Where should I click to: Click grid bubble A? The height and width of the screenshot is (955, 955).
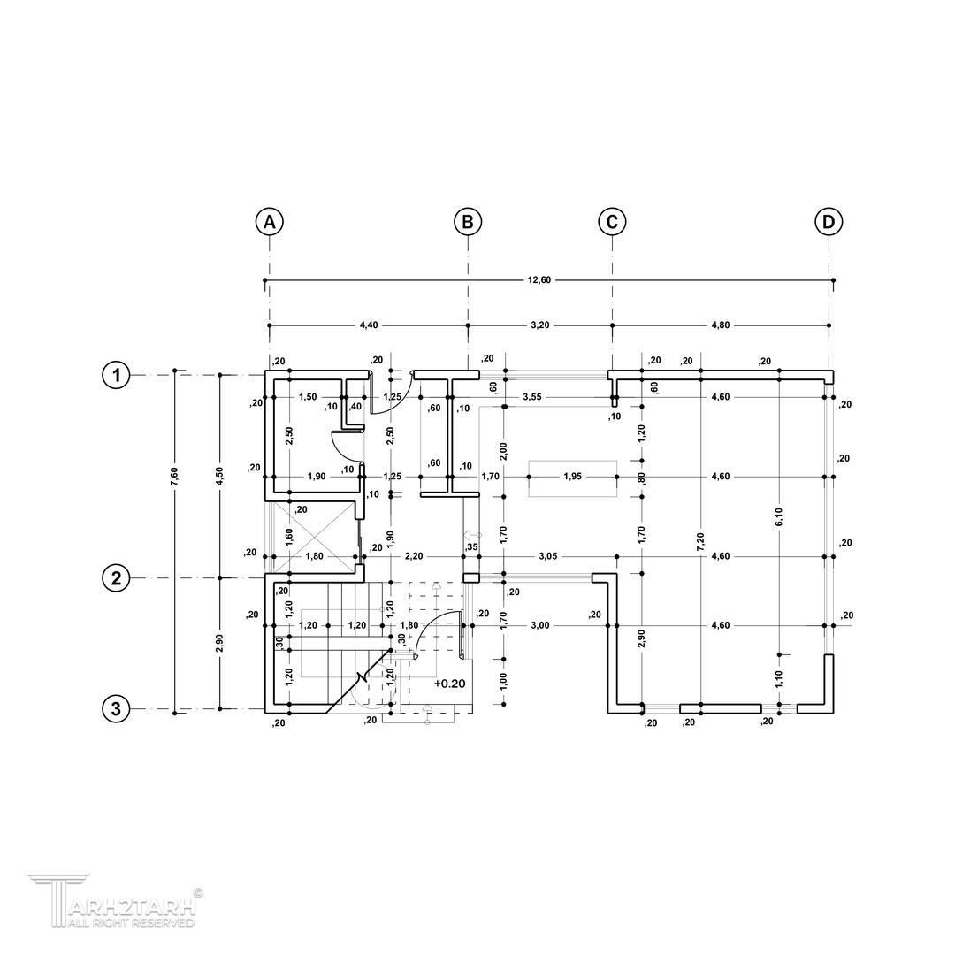pyautogui.click(x=269, y=222)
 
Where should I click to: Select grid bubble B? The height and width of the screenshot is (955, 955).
pyautogui.click(x=468, y=222)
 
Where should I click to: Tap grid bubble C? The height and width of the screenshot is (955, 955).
pyautogui.click(x=612, y=222)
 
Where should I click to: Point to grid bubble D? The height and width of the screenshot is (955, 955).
pyautogui.click(x=829, y=222)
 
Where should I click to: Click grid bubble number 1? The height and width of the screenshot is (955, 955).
pyautogui.click(x=116, y=375)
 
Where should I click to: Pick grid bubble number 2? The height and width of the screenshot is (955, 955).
pyautogui.click(x=116, y=578)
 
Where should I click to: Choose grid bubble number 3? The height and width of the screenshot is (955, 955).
pyautogui.click(x=116, y=709)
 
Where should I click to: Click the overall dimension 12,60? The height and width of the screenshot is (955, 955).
pyautogui.click(x=540, y=280)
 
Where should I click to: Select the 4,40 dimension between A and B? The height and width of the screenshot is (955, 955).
pyautogui.click(x=369, y=325)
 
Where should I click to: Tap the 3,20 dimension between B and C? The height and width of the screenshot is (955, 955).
pyautogui.click(x=540, y=325)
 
